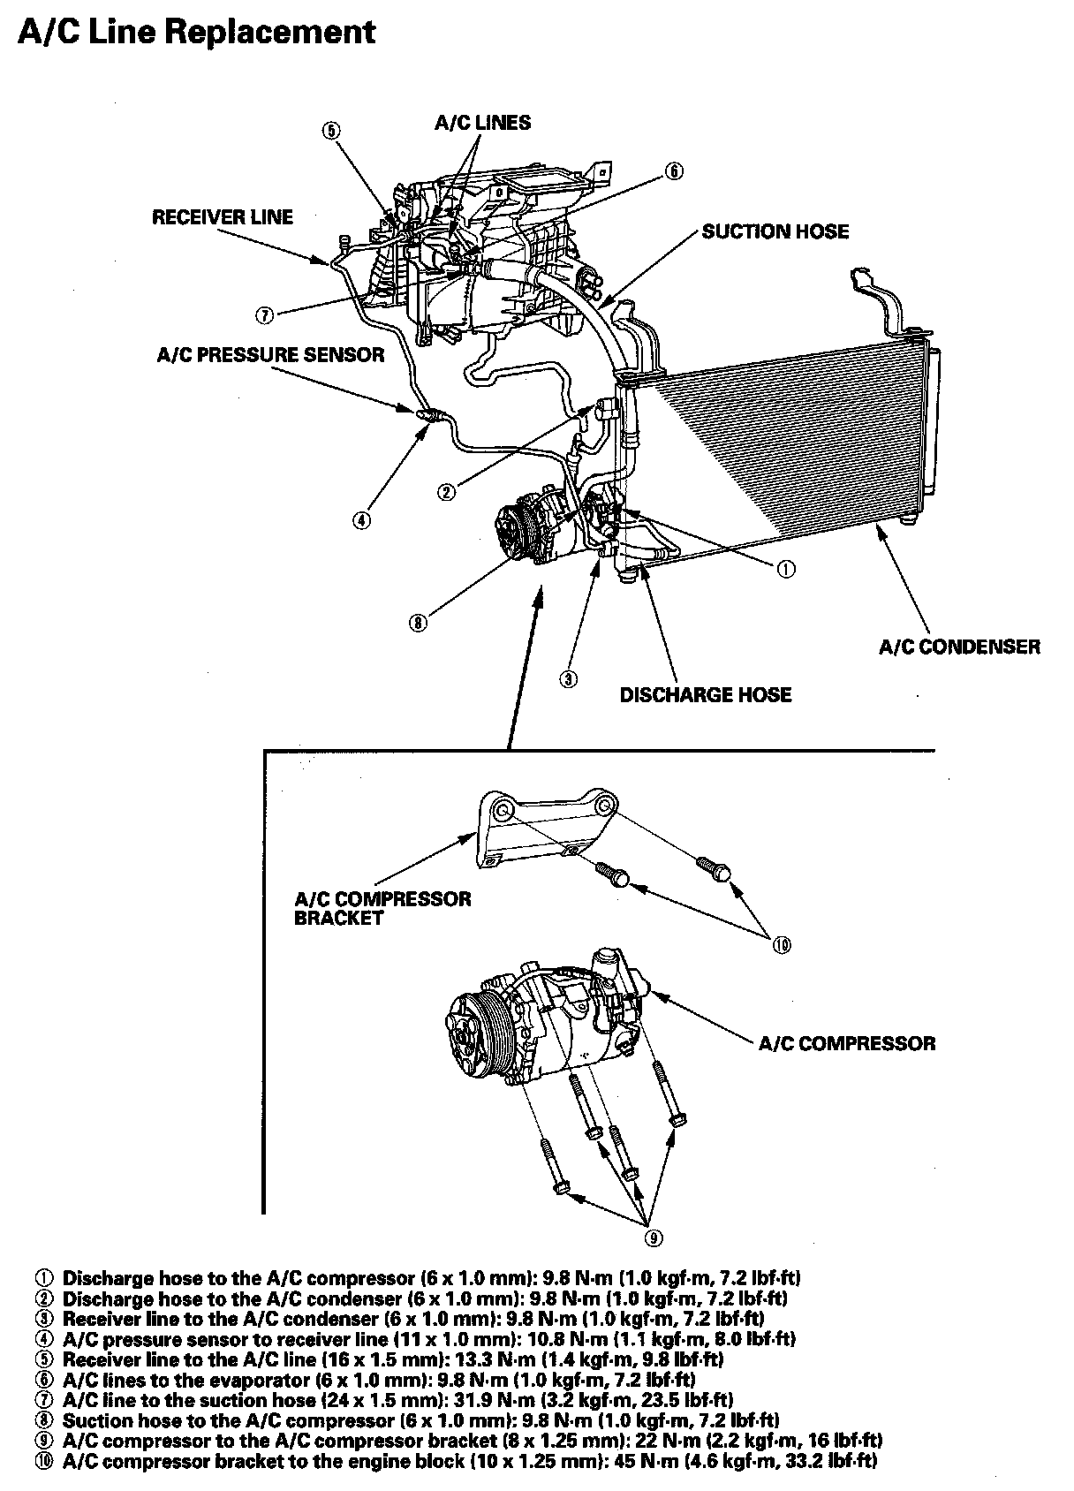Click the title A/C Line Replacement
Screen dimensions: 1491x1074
196,32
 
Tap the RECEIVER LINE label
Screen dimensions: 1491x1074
222,217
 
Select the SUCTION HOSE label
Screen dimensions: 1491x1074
775,231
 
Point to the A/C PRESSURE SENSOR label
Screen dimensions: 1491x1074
270,355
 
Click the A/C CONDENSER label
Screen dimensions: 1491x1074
959,647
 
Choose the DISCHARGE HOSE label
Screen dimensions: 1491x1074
705,695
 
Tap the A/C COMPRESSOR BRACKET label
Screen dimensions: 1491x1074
382,908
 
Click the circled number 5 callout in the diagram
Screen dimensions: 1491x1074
330,131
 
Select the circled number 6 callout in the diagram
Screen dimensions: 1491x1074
674,170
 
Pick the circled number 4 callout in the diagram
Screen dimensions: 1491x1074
361,519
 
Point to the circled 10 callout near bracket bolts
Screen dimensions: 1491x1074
781,945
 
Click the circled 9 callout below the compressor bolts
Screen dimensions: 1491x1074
653,1237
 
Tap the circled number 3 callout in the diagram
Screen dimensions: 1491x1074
570,678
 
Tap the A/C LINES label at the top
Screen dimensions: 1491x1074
482,123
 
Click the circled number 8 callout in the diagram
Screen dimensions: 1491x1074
418,623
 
